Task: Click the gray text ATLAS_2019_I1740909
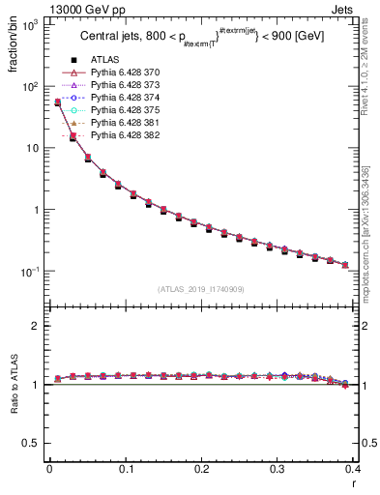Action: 201,289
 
